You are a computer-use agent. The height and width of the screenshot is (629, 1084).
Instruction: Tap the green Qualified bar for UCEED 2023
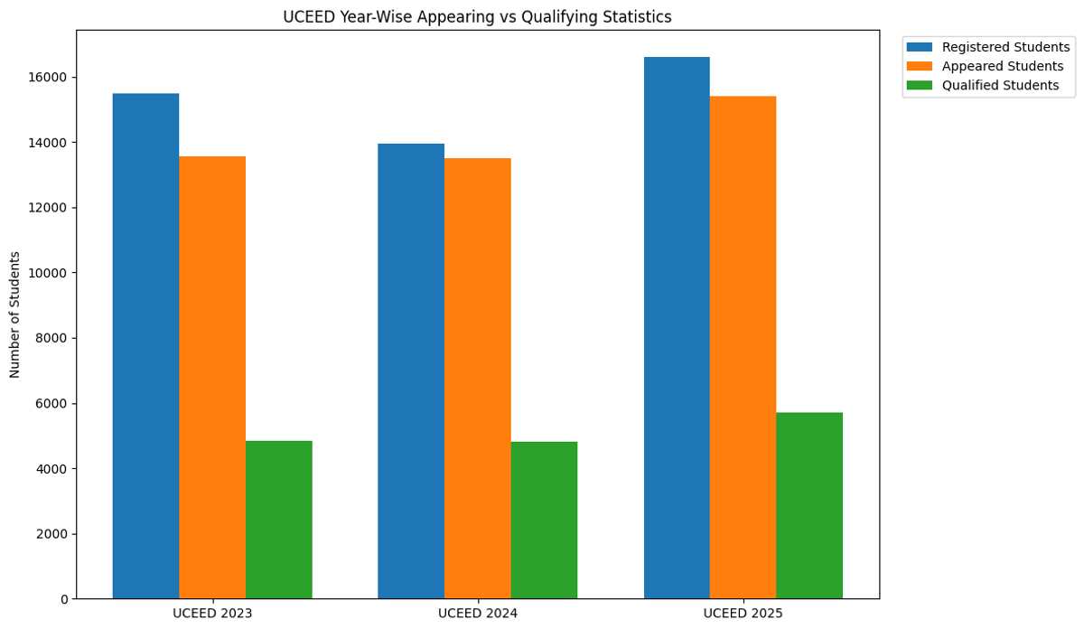(x=278, y=520)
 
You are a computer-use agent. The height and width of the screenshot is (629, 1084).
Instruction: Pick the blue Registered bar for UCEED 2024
(x=411, y=371)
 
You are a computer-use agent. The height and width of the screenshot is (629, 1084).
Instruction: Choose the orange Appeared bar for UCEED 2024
(x=477, y=379)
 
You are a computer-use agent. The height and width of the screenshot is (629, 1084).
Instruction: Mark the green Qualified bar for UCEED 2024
(x=544, y=521)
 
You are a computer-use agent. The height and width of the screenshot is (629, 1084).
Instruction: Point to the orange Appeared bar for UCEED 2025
(x=743, y=348)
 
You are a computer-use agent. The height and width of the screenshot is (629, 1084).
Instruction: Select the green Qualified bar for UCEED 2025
(x=809, y=506)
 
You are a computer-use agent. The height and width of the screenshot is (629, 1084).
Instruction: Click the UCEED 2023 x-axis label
(x=212, y=614)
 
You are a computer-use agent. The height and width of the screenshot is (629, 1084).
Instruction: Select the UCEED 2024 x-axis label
(x=478, y=614)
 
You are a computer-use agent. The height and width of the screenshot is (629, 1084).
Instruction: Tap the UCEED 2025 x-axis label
(x=743, y=614)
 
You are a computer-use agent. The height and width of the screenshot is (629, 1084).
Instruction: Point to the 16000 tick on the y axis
(x=50, y=78)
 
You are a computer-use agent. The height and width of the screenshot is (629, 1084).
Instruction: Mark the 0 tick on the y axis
(x=63, y=599)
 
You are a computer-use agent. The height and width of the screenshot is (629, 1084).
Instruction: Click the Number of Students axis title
(x=15, y=314)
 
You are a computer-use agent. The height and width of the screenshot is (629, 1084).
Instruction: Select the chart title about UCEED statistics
(x=477, y=17)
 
